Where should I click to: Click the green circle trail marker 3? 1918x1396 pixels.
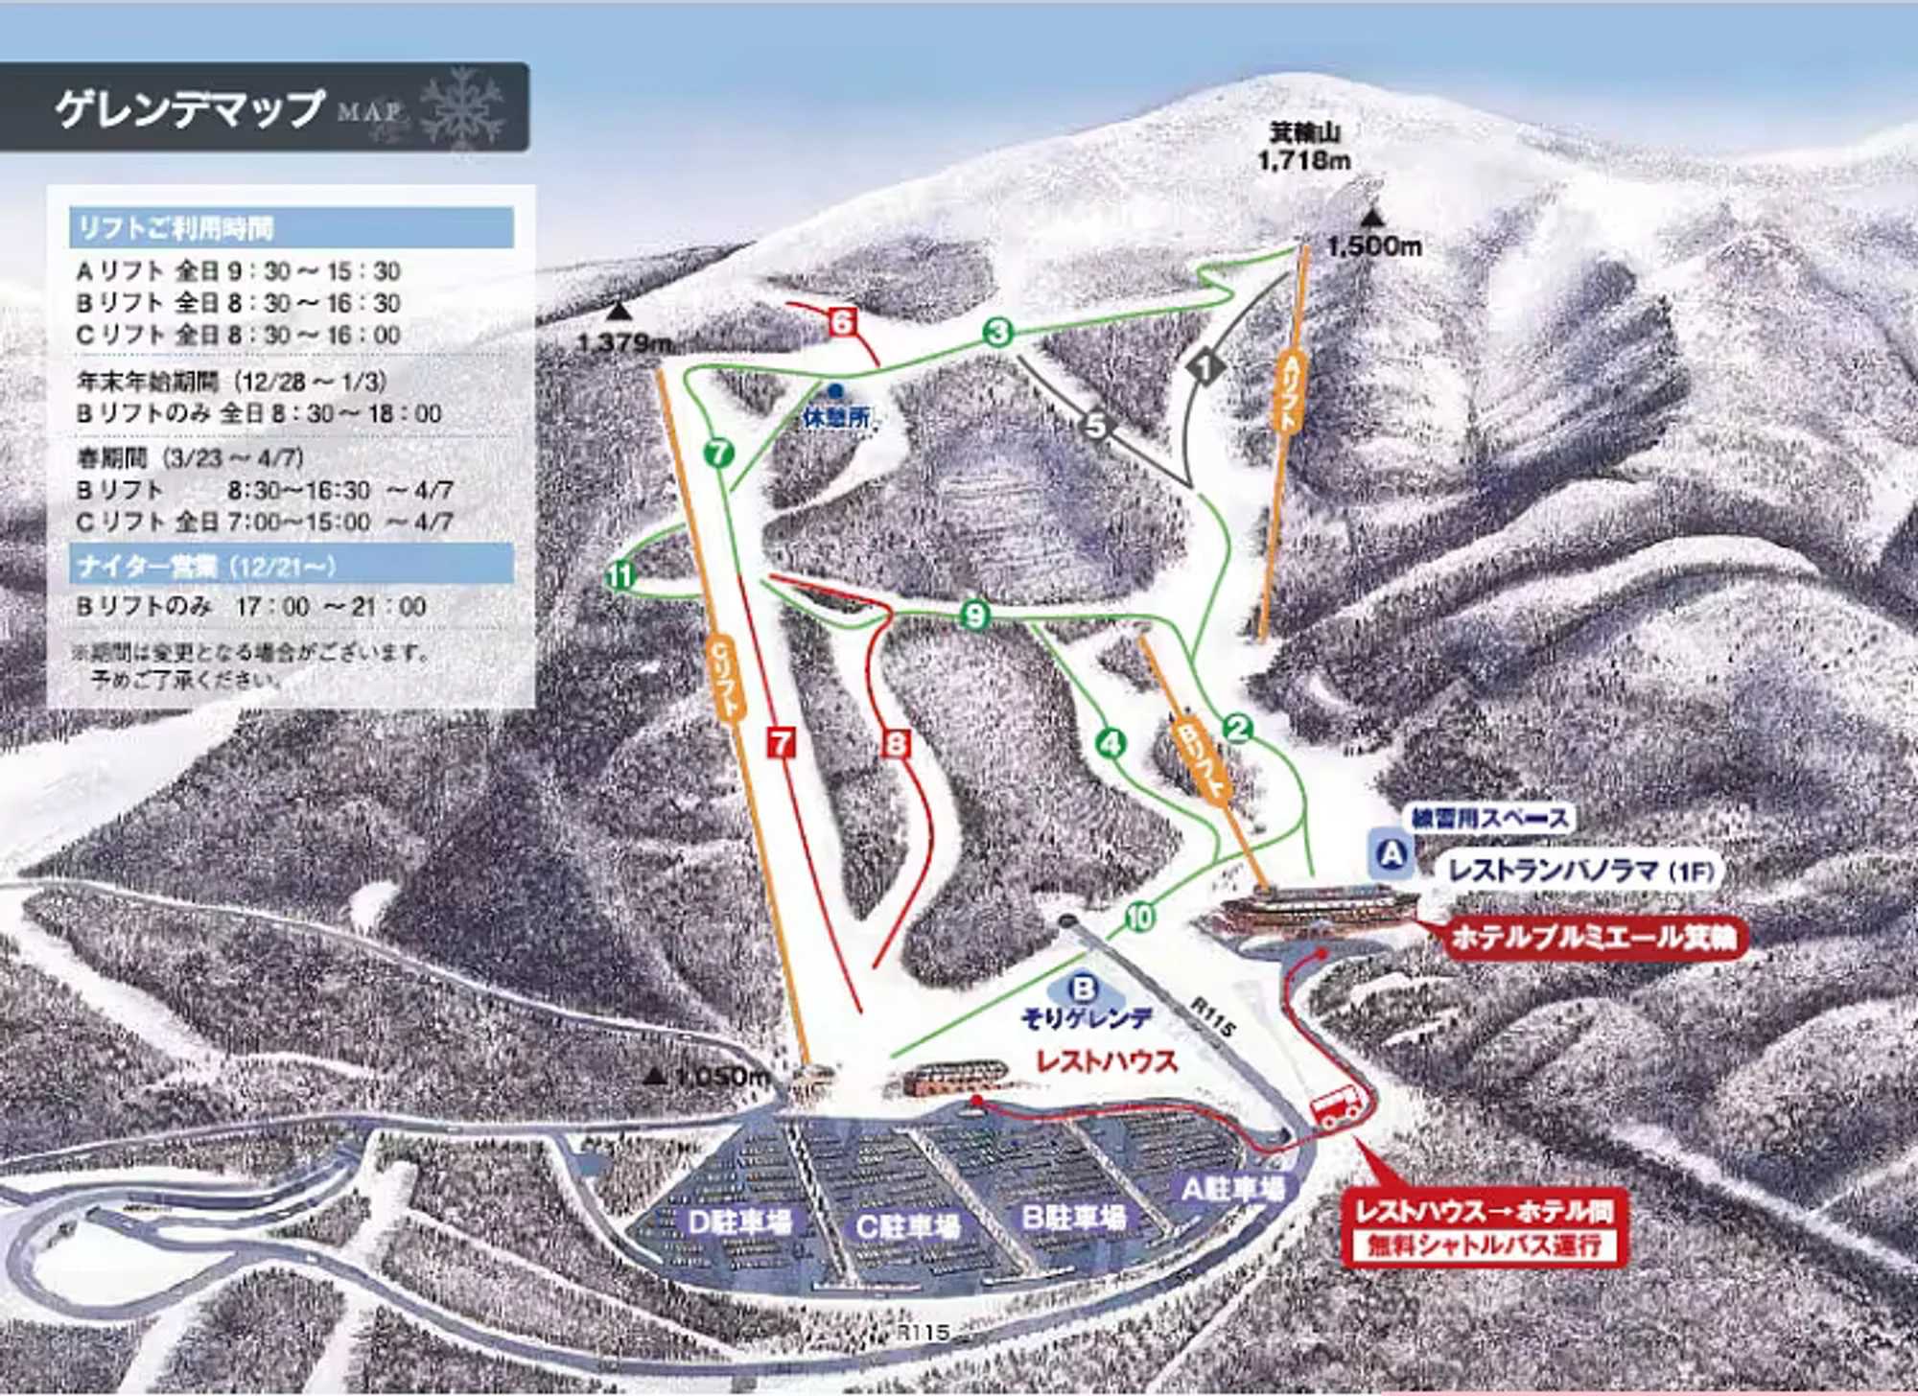click(x=998, y=332)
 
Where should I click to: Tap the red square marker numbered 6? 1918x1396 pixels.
click(x=842, y=321)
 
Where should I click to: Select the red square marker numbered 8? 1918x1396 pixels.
click(x=896, y=744)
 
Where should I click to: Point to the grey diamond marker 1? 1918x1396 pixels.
click(x=1205, y=366)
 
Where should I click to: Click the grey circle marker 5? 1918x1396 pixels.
click(x=1096, y=424)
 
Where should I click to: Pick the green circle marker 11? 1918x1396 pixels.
click(x=620, y=575)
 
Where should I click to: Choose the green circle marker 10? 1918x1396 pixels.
click(x=1139, y=918)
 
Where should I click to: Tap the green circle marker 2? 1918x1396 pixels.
click(x=1238, y=729)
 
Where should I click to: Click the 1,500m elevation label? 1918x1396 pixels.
click(x=1373, y=246)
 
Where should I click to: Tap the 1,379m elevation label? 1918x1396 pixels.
click(x=624, y=341)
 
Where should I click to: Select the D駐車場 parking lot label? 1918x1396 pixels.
click(x=739, y=1221)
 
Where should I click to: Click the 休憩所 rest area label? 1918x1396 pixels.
click(x=837, y=417)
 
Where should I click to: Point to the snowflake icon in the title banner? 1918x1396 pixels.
click(x=461, y=107)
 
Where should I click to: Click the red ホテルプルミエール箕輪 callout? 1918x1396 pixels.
click(x=1593, y=936)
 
